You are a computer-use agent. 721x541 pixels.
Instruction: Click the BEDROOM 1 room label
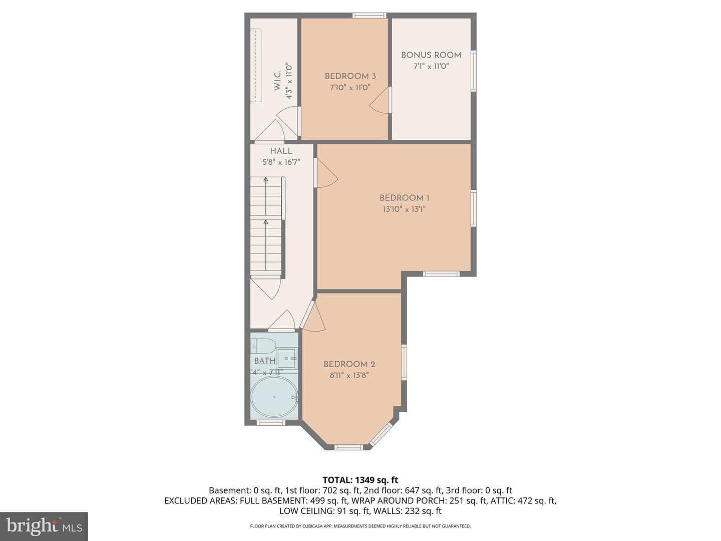click(x=404, y=198)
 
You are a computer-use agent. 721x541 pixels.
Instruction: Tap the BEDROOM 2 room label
click(x=349, y=364)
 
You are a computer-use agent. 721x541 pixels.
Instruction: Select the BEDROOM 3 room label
click(x=350, y=76)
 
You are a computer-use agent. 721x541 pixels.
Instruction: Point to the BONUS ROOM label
click(x=431, y=55)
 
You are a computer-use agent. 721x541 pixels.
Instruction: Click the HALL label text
click(x=281, y=151)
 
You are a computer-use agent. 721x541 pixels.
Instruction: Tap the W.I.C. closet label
click(x=277, y=81)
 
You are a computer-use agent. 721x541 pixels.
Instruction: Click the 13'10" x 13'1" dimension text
click(x=404, y=209)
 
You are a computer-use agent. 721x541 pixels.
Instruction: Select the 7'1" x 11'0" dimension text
click(x=431, y=66)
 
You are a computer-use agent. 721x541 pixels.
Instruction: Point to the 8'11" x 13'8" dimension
click(x=349, y=375)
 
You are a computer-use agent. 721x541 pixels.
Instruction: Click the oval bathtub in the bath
click(x=274, y=397)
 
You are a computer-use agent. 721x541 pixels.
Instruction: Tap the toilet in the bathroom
click(x=263, y=346)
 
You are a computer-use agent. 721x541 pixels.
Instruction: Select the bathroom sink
click(x=287, y=358)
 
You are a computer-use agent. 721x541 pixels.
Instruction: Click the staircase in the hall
click(x=266, y=226)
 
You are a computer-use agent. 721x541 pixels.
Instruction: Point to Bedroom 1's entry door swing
click(x=326, y=173)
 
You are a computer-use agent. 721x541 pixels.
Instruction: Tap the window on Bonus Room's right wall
click(x=474, y=71)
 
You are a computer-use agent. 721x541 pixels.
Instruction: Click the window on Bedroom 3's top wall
click(x=370, y=15)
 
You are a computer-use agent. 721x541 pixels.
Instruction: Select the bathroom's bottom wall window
click(x=271, y=422)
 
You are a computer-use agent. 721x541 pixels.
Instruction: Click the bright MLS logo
click(x=44, y=526)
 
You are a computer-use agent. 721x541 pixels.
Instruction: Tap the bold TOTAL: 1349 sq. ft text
click(x=360, y=480)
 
